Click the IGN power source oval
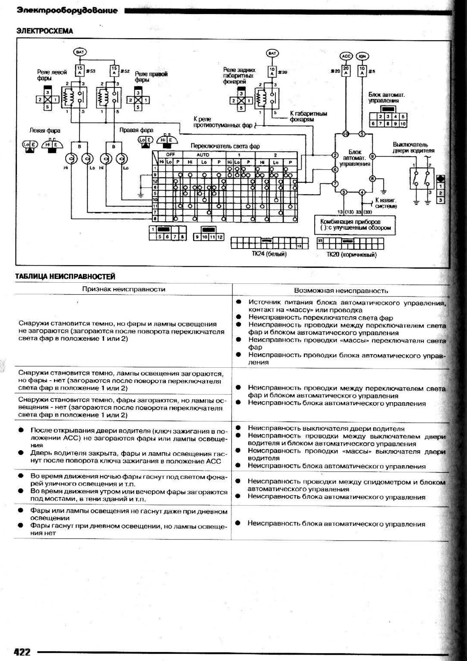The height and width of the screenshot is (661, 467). tap(361, 56)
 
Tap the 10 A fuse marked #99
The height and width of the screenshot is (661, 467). tap(272, 72)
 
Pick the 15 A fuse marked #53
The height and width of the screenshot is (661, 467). tap(79, 71)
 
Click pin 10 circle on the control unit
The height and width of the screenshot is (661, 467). tap(345, 134)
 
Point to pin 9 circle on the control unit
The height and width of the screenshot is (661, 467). tap(372, 157)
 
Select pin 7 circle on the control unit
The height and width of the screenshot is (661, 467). tap(335, 183)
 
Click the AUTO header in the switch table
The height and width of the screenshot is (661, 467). tap(203, 155)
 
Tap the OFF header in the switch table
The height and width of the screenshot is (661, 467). tap(170, 155)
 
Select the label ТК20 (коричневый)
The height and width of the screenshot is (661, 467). tap(351, 255)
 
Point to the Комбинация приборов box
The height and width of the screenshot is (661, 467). tap(355, 225)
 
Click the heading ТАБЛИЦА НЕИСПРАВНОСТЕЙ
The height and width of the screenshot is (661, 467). tap(65, 276)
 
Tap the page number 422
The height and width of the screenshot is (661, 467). tap(22, 651)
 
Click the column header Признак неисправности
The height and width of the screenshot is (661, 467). tap(123, 289)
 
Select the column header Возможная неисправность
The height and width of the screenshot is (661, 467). tap(341, 291)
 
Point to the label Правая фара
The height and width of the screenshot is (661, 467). tap(136, 130)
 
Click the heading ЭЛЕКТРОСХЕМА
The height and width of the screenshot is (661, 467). tap(45, 31)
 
